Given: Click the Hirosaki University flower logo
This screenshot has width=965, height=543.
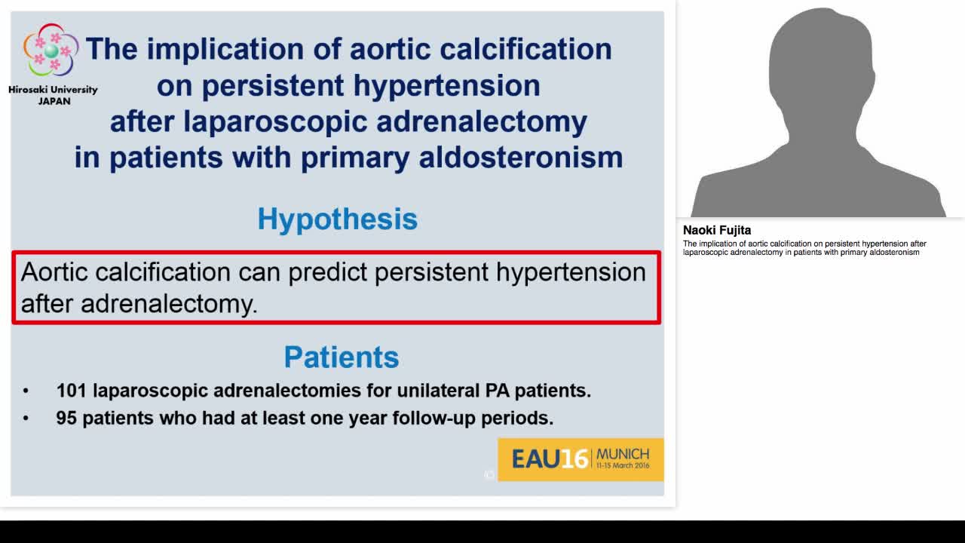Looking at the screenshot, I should point(51,51).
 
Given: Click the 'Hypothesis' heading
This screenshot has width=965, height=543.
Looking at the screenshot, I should point(337,219).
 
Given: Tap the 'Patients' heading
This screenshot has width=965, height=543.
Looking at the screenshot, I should point(341,357).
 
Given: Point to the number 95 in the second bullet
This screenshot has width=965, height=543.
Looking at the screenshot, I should point(66,418).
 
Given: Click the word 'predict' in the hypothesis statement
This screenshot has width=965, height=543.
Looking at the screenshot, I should point(329,272).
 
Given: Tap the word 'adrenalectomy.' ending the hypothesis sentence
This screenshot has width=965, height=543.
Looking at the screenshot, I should point(169,304).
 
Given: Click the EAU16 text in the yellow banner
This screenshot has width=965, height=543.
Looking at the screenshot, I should point(550,459).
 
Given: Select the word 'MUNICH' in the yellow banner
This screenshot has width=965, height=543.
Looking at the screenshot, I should point(622,454).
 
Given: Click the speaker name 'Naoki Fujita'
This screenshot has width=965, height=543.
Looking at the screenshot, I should point(717,231).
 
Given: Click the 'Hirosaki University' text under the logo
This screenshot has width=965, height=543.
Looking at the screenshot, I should point(53,90).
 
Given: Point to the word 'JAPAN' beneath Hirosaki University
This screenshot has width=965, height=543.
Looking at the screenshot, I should point(54,101).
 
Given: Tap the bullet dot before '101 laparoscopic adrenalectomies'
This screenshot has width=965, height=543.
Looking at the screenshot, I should point(26,391).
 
